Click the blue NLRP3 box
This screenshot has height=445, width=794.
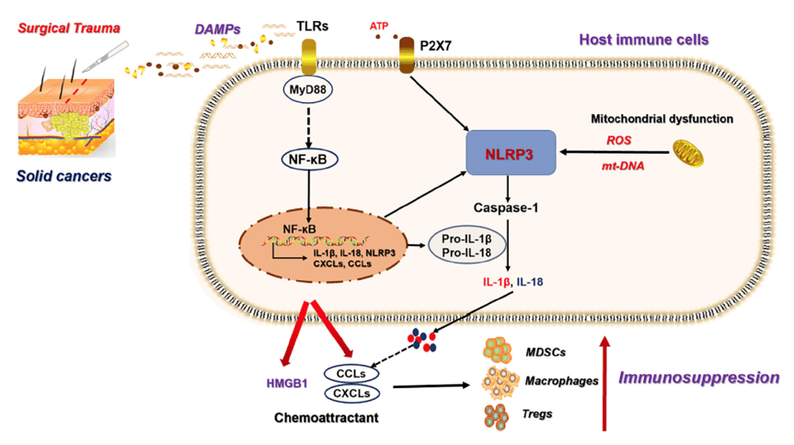512,154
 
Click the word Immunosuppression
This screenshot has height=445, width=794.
700,378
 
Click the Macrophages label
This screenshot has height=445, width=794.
558,380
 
